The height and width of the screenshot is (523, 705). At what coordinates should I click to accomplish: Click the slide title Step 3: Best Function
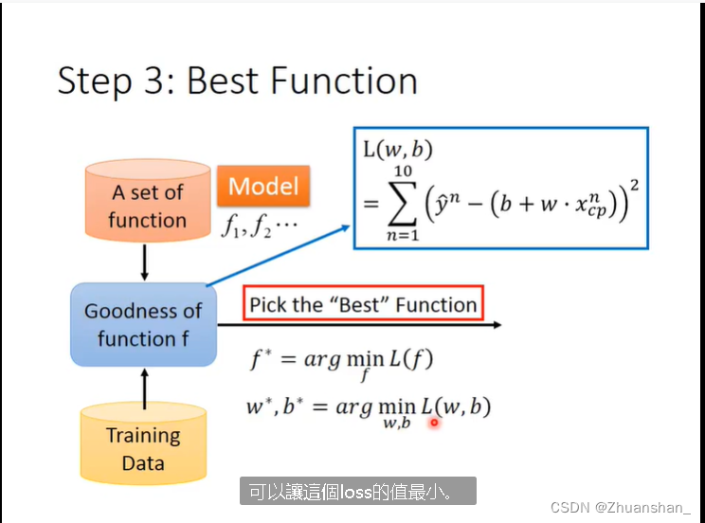(x=237, y=81)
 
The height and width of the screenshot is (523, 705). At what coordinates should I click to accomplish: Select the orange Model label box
(x=263, y=187)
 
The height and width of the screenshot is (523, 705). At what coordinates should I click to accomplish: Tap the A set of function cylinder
(x=146, y=206)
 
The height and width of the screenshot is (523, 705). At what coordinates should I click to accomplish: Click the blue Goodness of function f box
(x=143, y=324)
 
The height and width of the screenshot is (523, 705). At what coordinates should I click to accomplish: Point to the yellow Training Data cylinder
(x=143, y=449)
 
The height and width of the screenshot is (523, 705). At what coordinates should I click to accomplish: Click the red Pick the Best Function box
(x=363, y=305)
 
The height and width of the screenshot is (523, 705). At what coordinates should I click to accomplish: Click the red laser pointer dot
(x=434, y=423)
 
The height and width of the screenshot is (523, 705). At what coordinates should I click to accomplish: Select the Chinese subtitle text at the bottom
(x=357, y=492)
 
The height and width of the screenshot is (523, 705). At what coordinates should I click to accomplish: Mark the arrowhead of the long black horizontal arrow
(x=496, y=325)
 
